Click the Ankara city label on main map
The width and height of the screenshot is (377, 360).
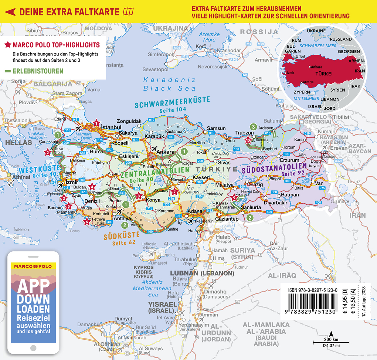pyautogui.click(x=165, y=152)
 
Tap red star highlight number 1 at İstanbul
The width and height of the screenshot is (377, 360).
pyautogui.click(x=96, y=123)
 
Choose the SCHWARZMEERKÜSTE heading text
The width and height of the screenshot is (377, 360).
pyautogui.click(x=172, y=102)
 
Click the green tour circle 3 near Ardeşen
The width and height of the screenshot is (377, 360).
pyautogui.click(x=253, y=127)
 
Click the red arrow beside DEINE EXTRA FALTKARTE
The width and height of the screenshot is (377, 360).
pyautogui.click(x=10, y=12)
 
